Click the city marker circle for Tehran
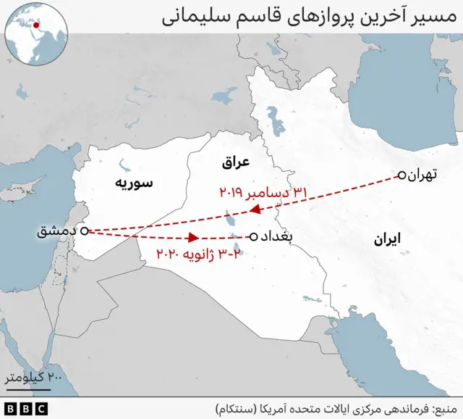point(401,175)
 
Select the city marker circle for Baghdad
point(253,237)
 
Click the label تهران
point(423,175)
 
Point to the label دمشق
point(56,232)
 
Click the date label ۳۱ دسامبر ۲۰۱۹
point(264,193)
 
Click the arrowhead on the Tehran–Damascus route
point(255,210)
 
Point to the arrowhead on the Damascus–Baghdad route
point(193,237)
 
